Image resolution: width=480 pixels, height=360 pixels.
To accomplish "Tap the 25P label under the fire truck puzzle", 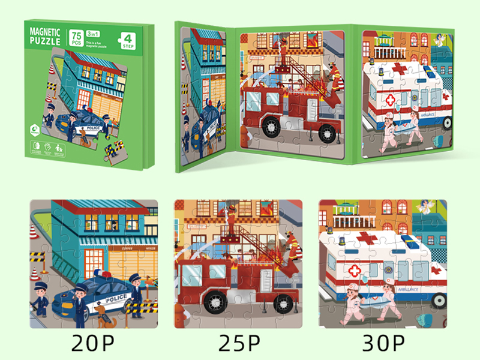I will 239,344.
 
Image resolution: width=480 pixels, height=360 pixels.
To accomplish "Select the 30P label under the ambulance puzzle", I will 385,344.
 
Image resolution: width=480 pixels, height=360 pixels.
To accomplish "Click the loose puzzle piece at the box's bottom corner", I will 115,149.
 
